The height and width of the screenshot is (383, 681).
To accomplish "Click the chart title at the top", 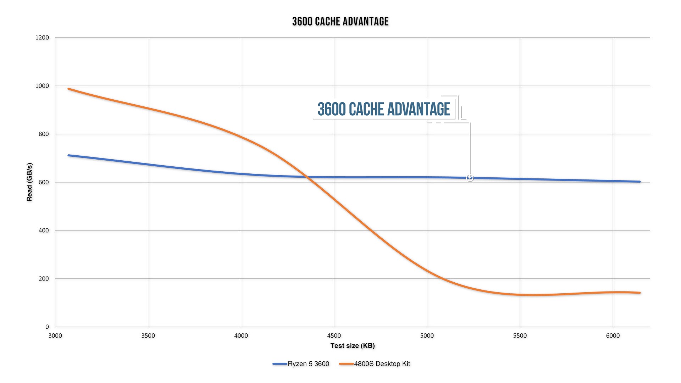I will pyautogui.click(x=340, y=22).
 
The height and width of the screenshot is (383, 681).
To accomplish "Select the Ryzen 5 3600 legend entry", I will pyautogui.click(x=308, y=364).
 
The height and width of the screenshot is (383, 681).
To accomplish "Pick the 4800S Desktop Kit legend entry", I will pyautogui.click(x=382, y=364).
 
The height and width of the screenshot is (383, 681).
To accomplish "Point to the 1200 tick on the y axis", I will pyautogui.click(x=42, y=38).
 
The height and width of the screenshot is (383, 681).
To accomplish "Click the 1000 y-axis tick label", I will pyautogui.click(x=42, y=86).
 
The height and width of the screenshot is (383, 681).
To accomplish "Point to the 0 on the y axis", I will pyautogui.click(x=47, y=327).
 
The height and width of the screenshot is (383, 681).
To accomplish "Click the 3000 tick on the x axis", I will pyautogui.click(x=55, y=336).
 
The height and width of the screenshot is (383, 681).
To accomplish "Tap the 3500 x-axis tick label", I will pyautogui.click(x=148, y=336).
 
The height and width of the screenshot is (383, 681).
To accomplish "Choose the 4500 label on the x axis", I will pyautogui.click(x=334, y=336).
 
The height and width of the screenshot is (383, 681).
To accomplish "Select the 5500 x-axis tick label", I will pyautogui.click(x=520, y=336).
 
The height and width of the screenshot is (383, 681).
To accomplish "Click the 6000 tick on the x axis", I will pyautogui.click(x=613, y=336).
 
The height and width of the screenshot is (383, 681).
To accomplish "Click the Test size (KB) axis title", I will pyautogui.click(x=353, y=346).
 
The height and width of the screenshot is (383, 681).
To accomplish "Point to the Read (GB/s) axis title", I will pyautogui.click(x=29, y=182).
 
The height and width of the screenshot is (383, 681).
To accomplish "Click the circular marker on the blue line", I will pyautogui.click(x=470, y=178).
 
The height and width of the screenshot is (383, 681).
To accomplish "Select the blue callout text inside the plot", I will pyautogui.click(x=384, y=109).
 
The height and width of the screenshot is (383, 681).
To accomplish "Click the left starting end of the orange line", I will pyautogui.click(x=68, y=89).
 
